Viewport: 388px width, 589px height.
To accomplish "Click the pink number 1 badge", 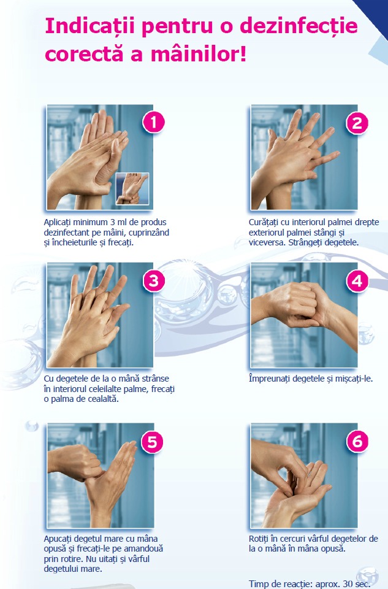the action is click(153, 122).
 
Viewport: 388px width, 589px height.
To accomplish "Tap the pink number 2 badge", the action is click(357, 123).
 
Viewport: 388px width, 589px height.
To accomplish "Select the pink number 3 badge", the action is click(154, 280).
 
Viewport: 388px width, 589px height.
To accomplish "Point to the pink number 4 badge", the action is click(357, 280).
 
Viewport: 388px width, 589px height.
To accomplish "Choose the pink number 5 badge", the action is click(153, 442).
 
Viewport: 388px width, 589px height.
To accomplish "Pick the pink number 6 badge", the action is click(357, 441).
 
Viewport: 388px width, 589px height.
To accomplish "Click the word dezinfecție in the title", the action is click(299, 26).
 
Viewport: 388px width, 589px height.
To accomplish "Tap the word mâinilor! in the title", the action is click(199, 54).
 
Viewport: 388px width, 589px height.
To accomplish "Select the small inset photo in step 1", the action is click(132, 188).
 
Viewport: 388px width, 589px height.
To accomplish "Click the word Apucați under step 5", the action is click(58, 539).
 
